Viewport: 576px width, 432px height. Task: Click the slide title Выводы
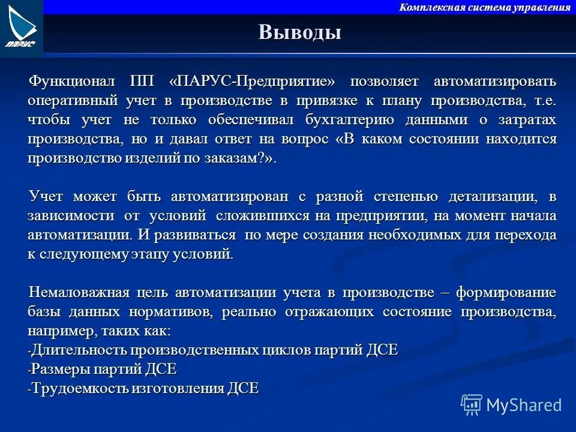pos(300,32)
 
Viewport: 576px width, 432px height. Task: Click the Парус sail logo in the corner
pos(21,27)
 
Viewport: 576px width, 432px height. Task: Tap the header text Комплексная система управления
pos(484,7)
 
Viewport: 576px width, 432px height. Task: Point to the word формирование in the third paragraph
pos(506,293)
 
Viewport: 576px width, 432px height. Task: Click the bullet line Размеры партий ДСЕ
pos(103,369)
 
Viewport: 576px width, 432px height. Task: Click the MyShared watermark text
pos(524,405)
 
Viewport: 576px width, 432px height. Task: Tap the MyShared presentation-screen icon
pos(471,404)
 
